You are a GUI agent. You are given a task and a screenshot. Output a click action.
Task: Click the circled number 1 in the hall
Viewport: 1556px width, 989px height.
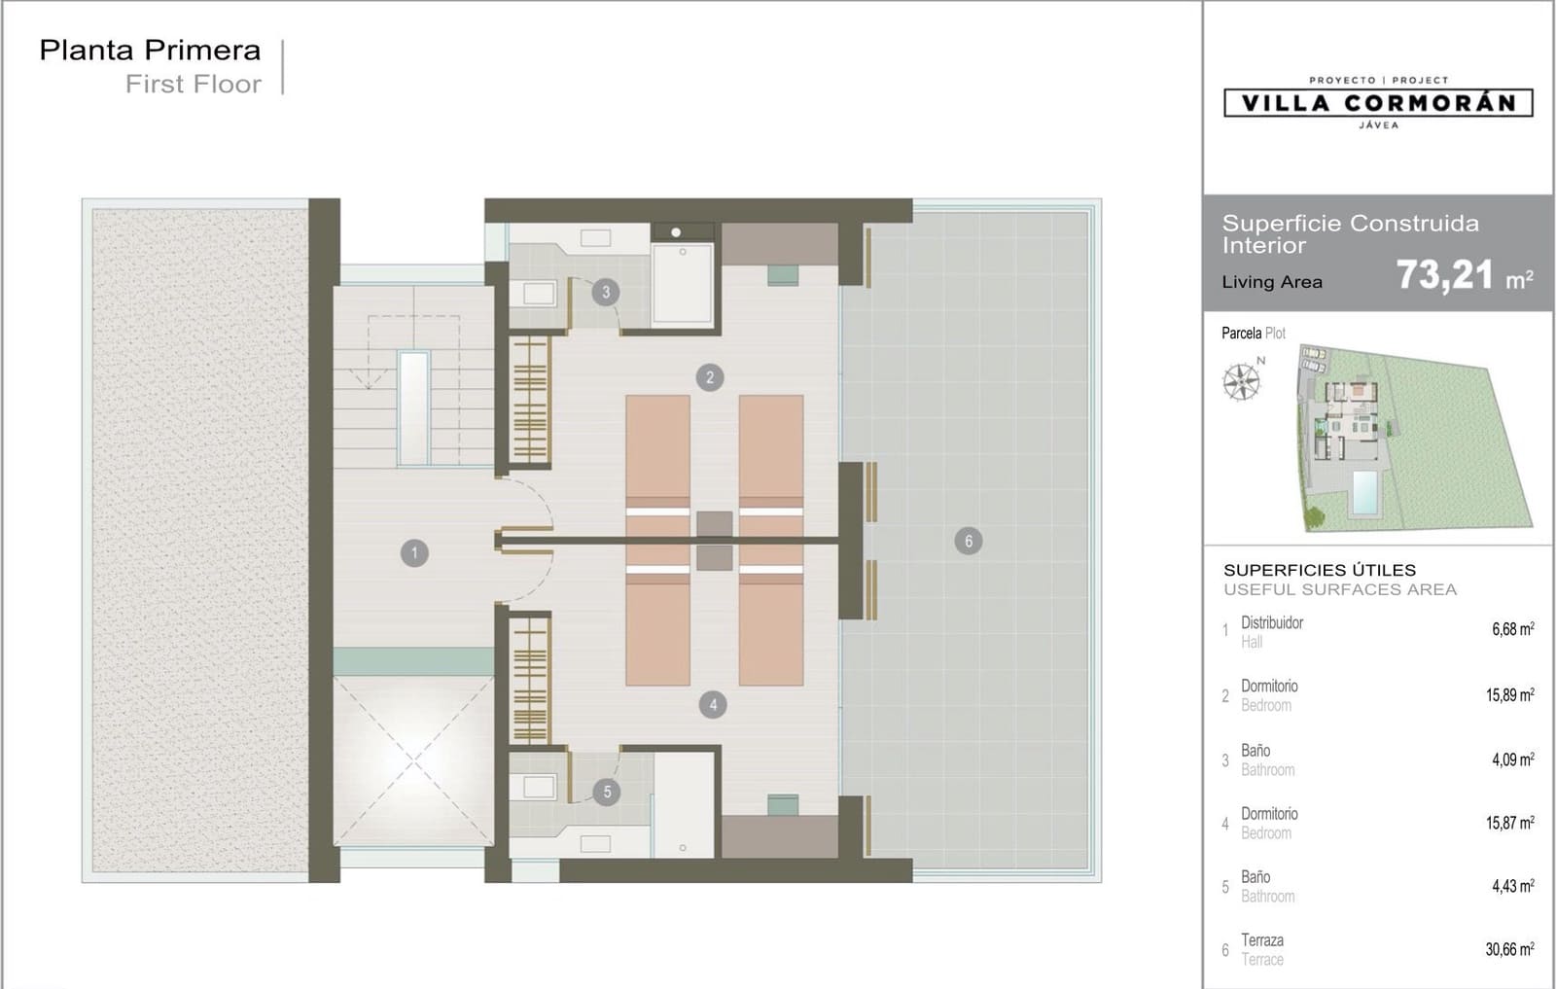(x=414, y=552)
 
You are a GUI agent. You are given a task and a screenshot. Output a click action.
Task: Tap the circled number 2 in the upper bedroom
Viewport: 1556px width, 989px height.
(x=709, y=378)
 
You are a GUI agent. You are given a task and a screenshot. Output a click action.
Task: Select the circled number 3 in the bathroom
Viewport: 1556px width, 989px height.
(x=606, y=293)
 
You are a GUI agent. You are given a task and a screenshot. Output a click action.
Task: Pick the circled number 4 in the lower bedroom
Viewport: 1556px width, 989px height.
(x=713, y=705)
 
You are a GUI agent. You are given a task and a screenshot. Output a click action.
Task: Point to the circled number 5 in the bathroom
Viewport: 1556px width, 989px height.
(x=607, y=792)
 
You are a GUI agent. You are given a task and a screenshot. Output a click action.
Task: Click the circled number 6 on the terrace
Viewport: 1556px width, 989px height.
(x=969, y=541)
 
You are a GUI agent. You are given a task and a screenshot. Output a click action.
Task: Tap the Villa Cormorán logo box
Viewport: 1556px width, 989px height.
(x=1378, y=103)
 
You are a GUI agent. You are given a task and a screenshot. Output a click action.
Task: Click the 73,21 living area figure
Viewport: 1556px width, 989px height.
(x=1445, y=275)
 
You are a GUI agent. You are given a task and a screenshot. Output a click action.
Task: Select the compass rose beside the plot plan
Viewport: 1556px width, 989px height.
(x=1241, y=381)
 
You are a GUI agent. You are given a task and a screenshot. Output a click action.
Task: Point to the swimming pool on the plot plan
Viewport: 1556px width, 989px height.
(x=1365, y=492)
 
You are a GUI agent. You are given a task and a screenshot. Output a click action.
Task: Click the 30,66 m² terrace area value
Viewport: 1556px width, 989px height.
(x=1509, y=949)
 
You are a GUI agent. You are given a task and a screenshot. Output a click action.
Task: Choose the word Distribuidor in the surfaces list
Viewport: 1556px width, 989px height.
(x=1272, y=622)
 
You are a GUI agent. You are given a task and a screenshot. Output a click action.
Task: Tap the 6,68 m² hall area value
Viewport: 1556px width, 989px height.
(x=1513, y=628)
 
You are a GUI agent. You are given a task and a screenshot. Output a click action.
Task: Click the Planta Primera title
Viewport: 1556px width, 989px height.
(x=150, y=50)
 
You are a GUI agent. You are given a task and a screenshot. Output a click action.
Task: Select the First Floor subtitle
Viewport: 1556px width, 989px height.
(x=194, y=84)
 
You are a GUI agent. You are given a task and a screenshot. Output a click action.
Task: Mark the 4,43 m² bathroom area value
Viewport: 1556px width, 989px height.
(x=1513, y=886)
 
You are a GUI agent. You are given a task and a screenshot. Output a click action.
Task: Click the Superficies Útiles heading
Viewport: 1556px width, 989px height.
(x=1320, y=570)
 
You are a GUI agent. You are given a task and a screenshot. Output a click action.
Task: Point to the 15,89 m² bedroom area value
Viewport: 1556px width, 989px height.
(x=1509, y=694)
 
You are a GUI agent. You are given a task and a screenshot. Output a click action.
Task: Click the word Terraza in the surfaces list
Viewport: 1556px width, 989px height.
(x=1262, y=940)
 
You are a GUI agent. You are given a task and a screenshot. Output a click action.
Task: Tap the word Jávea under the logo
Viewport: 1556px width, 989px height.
(x=1379, y=125)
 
